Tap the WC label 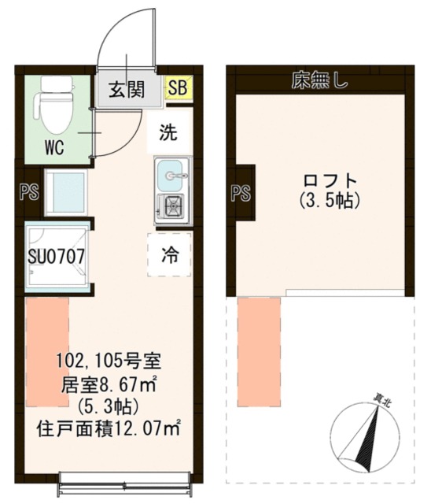[54, 148]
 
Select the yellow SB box [179, 87]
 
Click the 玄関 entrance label [127, 89]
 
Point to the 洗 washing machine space [169, 132]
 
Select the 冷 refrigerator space [169, 255]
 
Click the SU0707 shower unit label [57, 257]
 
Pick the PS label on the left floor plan [30, 192]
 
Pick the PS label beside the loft [241, 194]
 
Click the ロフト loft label [330, 180]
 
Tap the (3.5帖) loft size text [330, 201]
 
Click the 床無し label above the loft [319, 80]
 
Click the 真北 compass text [382, 402]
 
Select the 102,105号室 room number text [109, 361]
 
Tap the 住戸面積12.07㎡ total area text [109, 429]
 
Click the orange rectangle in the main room [47, 353]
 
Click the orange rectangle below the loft [259, 353]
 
